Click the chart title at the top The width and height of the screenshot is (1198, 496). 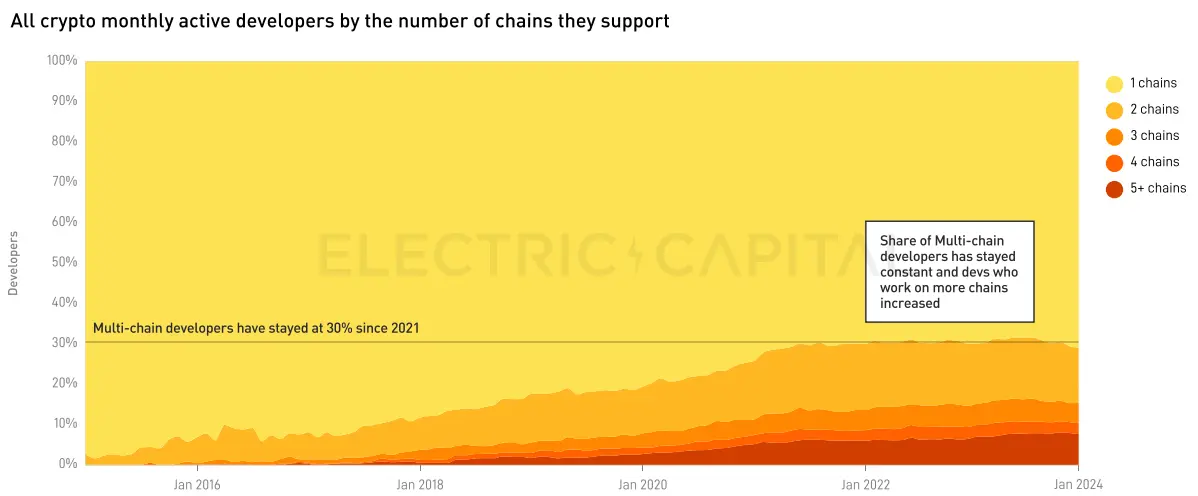340,21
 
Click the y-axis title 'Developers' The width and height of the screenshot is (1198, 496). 13,263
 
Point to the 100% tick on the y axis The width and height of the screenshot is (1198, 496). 62,61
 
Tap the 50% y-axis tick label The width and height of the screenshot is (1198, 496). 64,262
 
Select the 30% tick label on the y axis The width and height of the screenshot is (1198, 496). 64,343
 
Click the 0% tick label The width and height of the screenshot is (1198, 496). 68,464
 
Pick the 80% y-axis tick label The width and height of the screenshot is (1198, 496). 64,141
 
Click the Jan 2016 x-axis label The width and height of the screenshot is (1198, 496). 197,484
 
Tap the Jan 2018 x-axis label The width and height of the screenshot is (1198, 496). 420,484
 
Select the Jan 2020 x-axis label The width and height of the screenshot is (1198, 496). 642,484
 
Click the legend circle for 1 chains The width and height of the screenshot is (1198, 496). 1114,84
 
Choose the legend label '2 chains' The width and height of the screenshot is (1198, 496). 1154,110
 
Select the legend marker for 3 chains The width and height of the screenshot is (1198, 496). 1114,136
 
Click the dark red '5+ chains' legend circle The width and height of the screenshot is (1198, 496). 1114,188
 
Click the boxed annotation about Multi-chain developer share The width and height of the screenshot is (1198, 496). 948,272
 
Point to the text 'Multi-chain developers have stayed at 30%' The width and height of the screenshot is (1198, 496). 255,328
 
